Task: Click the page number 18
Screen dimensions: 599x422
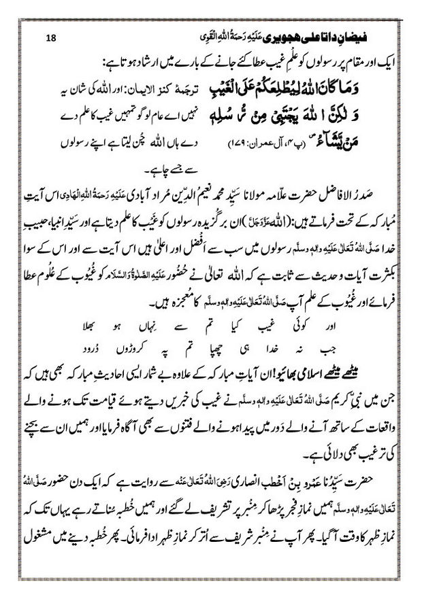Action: tap(51, 18)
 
